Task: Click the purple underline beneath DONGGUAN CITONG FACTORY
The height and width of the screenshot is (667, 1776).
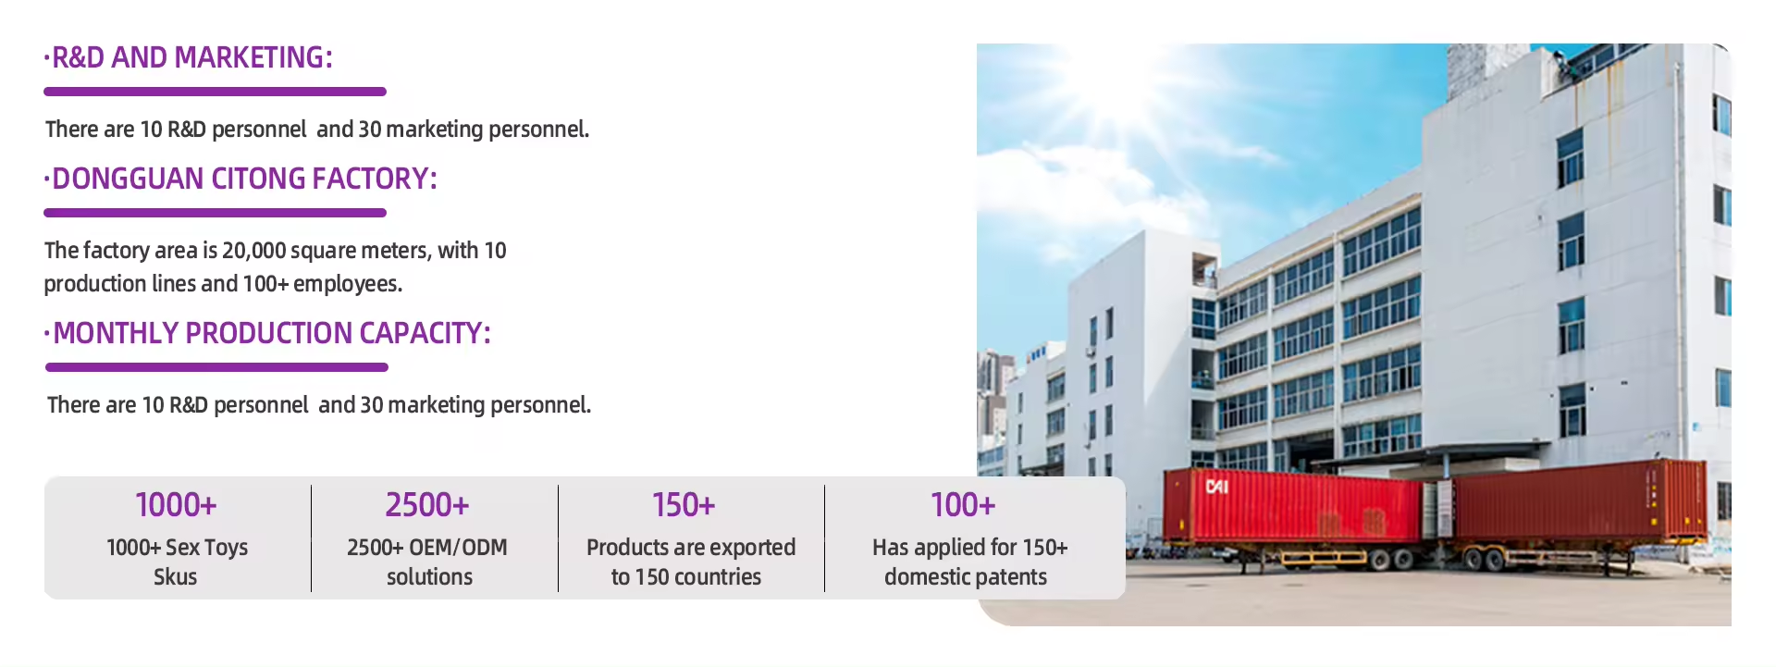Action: point(215,213)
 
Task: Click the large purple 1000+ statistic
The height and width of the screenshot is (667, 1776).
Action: point(176,505)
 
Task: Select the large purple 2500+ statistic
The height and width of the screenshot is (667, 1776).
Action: point(427,505)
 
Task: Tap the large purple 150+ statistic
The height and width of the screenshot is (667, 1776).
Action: point(684,505)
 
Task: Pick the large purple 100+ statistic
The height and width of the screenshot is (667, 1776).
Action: point(963,505)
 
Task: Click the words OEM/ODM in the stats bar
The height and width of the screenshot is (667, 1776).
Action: point(458,548)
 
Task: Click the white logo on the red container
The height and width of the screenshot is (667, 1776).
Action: point(1217,486)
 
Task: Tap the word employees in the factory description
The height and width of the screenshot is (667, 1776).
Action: point(348,284)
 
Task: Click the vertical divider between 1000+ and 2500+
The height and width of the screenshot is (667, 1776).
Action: point(312,538)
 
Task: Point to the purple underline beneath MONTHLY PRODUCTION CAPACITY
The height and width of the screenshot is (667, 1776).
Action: point(216,367)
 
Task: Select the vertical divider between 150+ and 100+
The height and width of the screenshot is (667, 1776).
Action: point(824,538)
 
